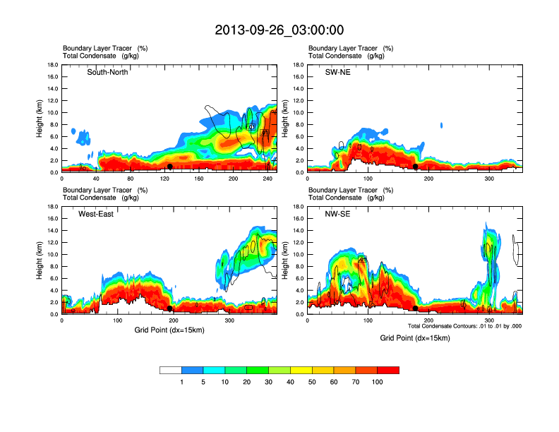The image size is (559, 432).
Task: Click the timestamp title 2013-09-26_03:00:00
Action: coord(279,30)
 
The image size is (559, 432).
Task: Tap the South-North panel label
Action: coord(107,72)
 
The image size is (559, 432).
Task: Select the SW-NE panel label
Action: coord(338,72)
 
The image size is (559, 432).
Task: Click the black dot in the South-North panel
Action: coord(170,167)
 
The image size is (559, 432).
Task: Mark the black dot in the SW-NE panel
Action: coord(416,167)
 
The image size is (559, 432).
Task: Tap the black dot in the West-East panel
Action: coord(170,308)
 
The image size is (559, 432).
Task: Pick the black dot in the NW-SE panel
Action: coord(416,308)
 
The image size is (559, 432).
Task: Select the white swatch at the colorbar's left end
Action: coord(171,370)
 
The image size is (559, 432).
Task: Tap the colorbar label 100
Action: coord(378,382)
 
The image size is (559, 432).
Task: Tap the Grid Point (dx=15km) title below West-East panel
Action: coord(169,330)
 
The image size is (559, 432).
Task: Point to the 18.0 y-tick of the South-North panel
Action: coord(52,65)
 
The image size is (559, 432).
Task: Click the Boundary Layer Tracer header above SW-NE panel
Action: coord(342,48)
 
